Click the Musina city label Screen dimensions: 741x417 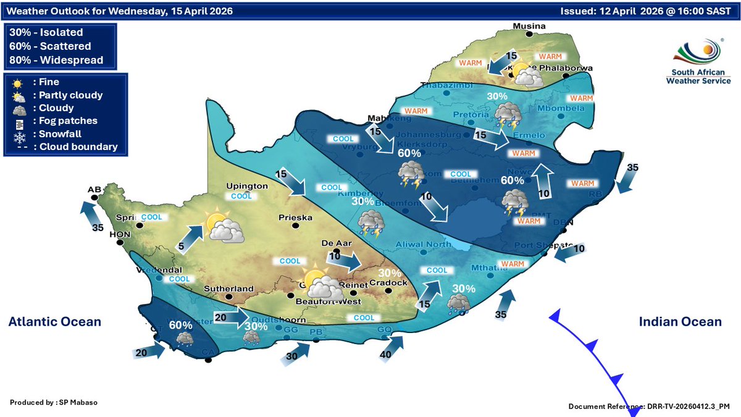531,26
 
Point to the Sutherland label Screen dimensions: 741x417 230,289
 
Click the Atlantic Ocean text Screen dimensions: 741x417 54,322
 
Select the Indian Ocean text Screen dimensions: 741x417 679,322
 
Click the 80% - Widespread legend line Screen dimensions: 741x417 56,60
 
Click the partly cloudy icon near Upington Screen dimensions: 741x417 220,227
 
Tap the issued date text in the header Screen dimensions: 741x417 648,11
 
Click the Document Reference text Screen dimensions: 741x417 649,406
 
